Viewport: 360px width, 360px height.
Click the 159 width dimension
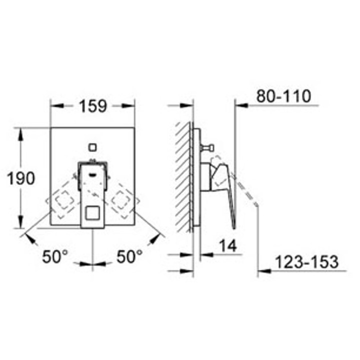92,106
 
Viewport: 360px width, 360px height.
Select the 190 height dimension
21,178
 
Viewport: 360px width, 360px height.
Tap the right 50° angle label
129,257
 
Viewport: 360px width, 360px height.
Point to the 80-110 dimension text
283,96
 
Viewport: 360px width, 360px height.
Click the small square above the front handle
92,147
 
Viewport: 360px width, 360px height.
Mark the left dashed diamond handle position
62,201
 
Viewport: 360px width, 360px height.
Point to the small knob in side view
210,147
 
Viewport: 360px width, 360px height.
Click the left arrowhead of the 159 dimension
55,106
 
